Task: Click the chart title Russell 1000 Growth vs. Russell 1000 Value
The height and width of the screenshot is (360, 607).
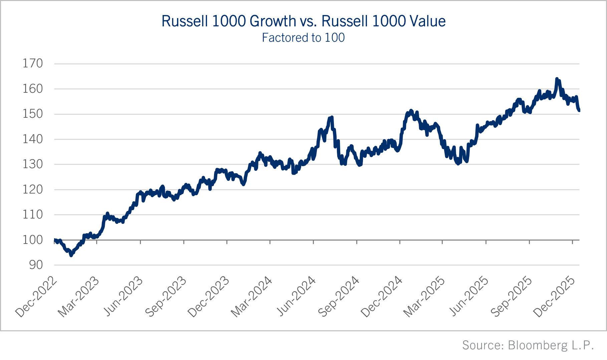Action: coord(303,21)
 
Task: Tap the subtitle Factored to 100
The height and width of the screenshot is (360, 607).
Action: coord(303,38)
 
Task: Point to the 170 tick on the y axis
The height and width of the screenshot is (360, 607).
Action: coord(33,63)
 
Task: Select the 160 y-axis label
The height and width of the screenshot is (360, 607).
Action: coord(33,89)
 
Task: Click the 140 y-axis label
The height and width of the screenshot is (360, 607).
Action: coord(33,139)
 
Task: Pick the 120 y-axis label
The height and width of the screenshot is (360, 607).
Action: coord(33,190)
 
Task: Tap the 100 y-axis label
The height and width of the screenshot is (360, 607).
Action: coord(33,240)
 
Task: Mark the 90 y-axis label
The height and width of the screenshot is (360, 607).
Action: coord(36,265)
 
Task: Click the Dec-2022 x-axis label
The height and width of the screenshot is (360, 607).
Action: coord(36,297)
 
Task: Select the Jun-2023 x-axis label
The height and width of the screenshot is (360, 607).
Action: coord(123,297)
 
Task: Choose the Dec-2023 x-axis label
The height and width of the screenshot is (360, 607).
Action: coord(209,297)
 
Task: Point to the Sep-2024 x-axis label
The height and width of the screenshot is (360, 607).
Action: coord(339,297)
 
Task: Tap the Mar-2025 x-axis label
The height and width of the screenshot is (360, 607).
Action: coord(424,297)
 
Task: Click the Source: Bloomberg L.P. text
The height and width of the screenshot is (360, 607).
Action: coord(528,345)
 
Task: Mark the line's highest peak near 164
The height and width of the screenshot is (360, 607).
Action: coord(557,79)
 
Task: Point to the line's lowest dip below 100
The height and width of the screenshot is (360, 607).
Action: coord(71,255)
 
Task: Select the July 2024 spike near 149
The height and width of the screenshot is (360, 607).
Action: coord(332,117)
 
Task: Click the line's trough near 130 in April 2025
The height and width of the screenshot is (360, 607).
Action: coord(458,163)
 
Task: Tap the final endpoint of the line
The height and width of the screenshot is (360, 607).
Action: coord(579,110)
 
